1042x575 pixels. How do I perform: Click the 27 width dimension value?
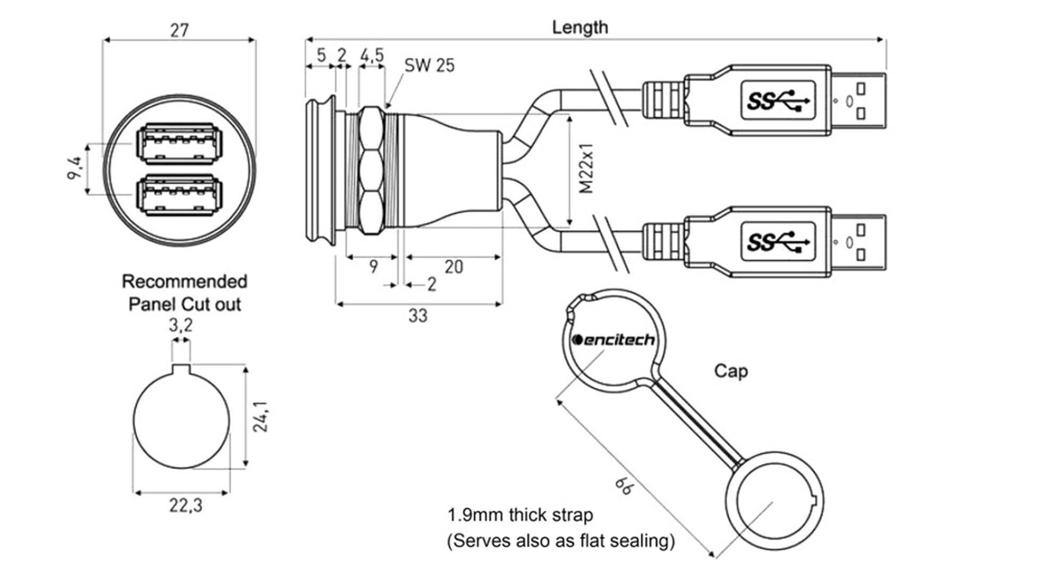click(x=179, y=30)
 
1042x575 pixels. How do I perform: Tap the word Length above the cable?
click(x=579, y=27)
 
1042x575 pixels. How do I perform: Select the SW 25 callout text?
click(x=429, y=65)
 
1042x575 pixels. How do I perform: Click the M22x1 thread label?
click(x=586, y=168)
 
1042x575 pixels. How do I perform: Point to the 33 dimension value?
click(x=418, y=316)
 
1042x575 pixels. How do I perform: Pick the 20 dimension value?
click(x=453, y=267)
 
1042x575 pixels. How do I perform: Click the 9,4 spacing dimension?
click(x=75, y=168)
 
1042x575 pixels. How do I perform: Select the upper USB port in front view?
click(x=179, y=143)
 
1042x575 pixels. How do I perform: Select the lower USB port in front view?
click(x=179, y=195)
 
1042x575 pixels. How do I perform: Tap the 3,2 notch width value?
click(x=181, y=325)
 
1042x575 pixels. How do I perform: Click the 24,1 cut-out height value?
click(x=260, y=417)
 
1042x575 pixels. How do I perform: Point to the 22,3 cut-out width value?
click(x=186, y=505)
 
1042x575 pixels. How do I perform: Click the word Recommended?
click(x=184, y=281)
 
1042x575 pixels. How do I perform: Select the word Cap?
click(x=730, y=371)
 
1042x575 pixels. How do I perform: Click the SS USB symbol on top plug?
click(x=777, y=100)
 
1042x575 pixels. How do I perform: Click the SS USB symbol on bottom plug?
click(x=777, y=242)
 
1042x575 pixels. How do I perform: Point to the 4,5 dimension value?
click(x=372, y=55)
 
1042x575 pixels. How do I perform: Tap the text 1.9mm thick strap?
click(x=520, y=515)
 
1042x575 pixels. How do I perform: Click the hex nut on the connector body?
click(x=371, y=171)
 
